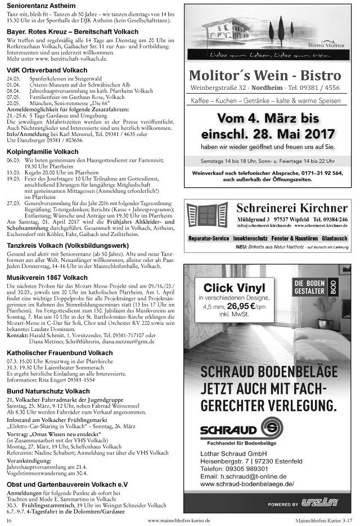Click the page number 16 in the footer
9,521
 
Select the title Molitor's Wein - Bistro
265,76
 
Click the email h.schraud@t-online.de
244,475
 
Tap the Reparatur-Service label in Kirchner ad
209,239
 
